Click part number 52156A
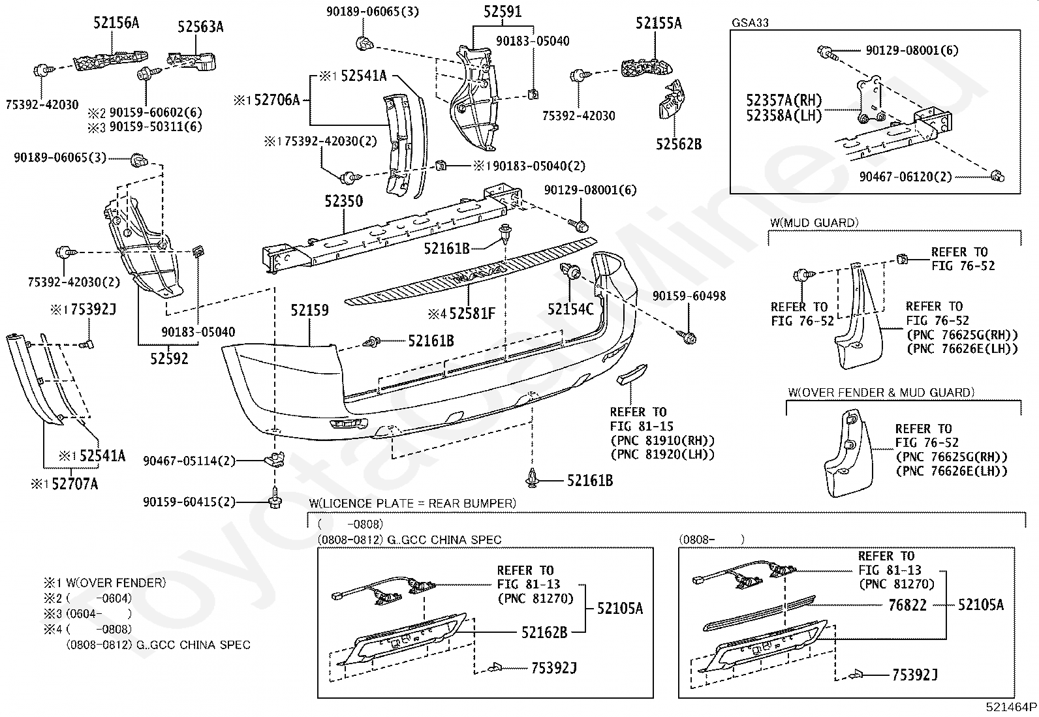tap(116, 23)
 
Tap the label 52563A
tap(200, 27)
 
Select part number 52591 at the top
tap(503, 12)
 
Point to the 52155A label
tap(659, 23)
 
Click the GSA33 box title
tap(750, 23)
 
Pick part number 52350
tap(344, 202)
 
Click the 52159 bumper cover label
tap(309, 311)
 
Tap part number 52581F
tap(473, 314)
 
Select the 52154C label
tap(570, 309)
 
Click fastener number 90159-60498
tap(689, 296)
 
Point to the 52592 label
tap(169, 359)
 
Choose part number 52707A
tap(74, 485)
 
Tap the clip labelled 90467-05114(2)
tap(275, 459)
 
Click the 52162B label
tap(544, 633)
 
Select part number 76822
tap(907, 605)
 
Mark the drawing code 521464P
tap(1011, 707)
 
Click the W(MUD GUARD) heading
tap(814, 223)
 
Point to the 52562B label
tap(679, 145)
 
